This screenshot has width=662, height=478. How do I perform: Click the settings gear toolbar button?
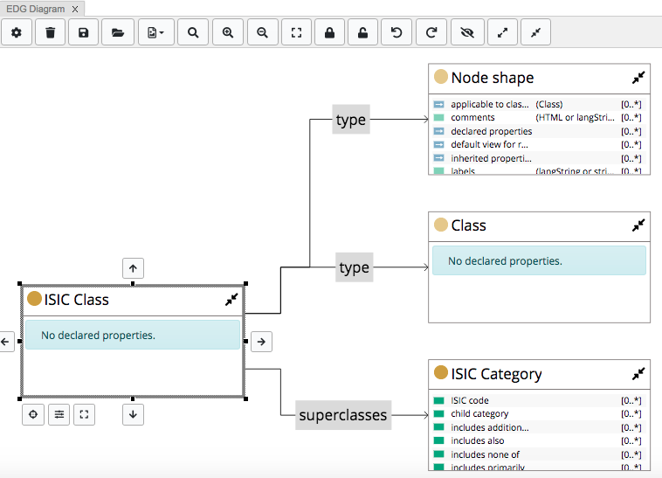17,32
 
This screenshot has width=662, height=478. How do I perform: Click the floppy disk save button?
84,32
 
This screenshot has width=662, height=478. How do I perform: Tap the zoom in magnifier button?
228,32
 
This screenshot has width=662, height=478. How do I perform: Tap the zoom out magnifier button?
262,32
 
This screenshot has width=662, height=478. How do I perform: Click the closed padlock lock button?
329,32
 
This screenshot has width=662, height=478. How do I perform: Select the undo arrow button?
397,32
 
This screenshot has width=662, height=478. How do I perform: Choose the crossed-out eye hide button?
467,32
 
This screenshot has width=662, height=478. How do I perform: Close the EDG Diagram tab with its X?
76,9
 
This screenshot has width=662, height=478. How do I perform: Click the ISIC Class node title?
77,300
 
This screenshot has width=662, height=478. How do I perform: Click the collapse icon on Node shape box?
638,78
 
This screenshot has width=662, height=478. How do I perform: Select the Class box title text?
468,225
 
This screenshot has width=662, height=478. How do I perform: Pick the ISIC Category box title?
496,374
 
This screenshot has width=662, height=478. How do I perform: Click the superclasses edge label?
342,415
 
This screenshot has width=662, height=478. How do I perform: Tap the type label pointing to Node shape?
351,120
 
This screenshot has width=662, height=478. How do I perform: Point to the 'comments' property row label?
472,117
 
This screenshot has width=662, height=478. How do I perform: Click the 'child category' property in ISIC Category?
479,414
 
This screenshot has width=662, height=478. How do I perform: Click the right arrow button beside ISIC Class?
261,343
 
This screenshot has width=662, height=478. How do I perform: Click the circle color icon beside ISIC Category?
441,373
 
